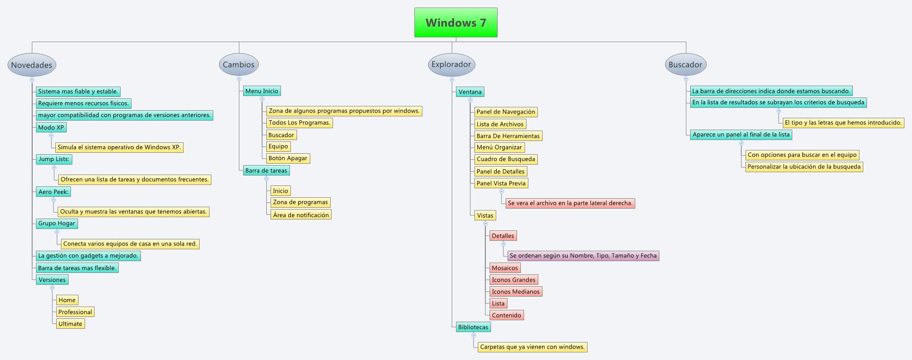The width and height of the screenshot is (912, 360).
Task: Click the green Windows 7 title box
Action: pos(456,22)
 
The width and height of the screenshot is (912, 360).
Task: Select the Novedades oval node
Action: pos(32,65)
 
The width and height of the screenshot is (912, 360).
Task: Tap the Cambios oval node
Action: pos(238,64)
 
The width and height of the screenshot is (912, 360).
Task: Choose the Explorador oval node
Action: pos(451,64)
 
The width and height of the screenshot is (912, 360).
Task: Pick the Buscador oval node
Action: pos(685,64)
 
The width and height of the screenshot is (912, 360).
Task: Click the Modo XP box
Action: pos(51,127)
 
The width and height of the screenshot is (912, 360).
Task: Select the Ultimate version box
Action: pos(70,324)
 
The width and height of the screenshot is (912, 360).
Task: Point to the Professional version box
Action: pos(75,312)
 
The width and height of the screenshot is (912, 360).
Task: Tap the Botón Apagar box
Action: pos(288,158)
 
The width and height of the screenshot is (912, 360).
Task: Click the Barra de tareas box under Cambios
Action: pos(266,170)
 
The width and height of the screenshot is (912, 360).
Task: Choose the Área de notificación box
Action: pos(301,215)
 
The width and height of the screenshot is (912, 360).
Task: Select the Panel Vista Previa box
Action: pos(501,183)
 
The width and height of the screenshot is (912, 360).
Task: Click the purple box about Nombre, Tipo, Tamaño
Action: pos(583,255)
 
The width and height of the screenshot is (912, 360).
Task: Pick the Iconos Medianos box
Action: pos(515,291)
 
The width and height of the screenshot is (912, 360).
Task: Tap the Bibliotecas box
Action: pos(473,327)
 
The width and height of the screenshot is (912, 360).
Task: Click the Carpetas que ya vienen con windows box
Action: pos(532,347)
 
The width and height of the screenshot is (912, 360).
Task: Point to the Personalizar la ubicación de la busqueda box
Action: pos(804,167)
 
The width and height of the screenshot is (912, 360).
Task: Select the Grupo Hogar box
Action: pos(57,223)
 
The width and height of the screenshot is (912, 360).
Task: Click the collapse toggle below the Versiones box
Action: pos(52,288)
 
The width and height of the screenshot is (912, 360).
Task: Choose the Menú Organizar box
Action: pos(499,147)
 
